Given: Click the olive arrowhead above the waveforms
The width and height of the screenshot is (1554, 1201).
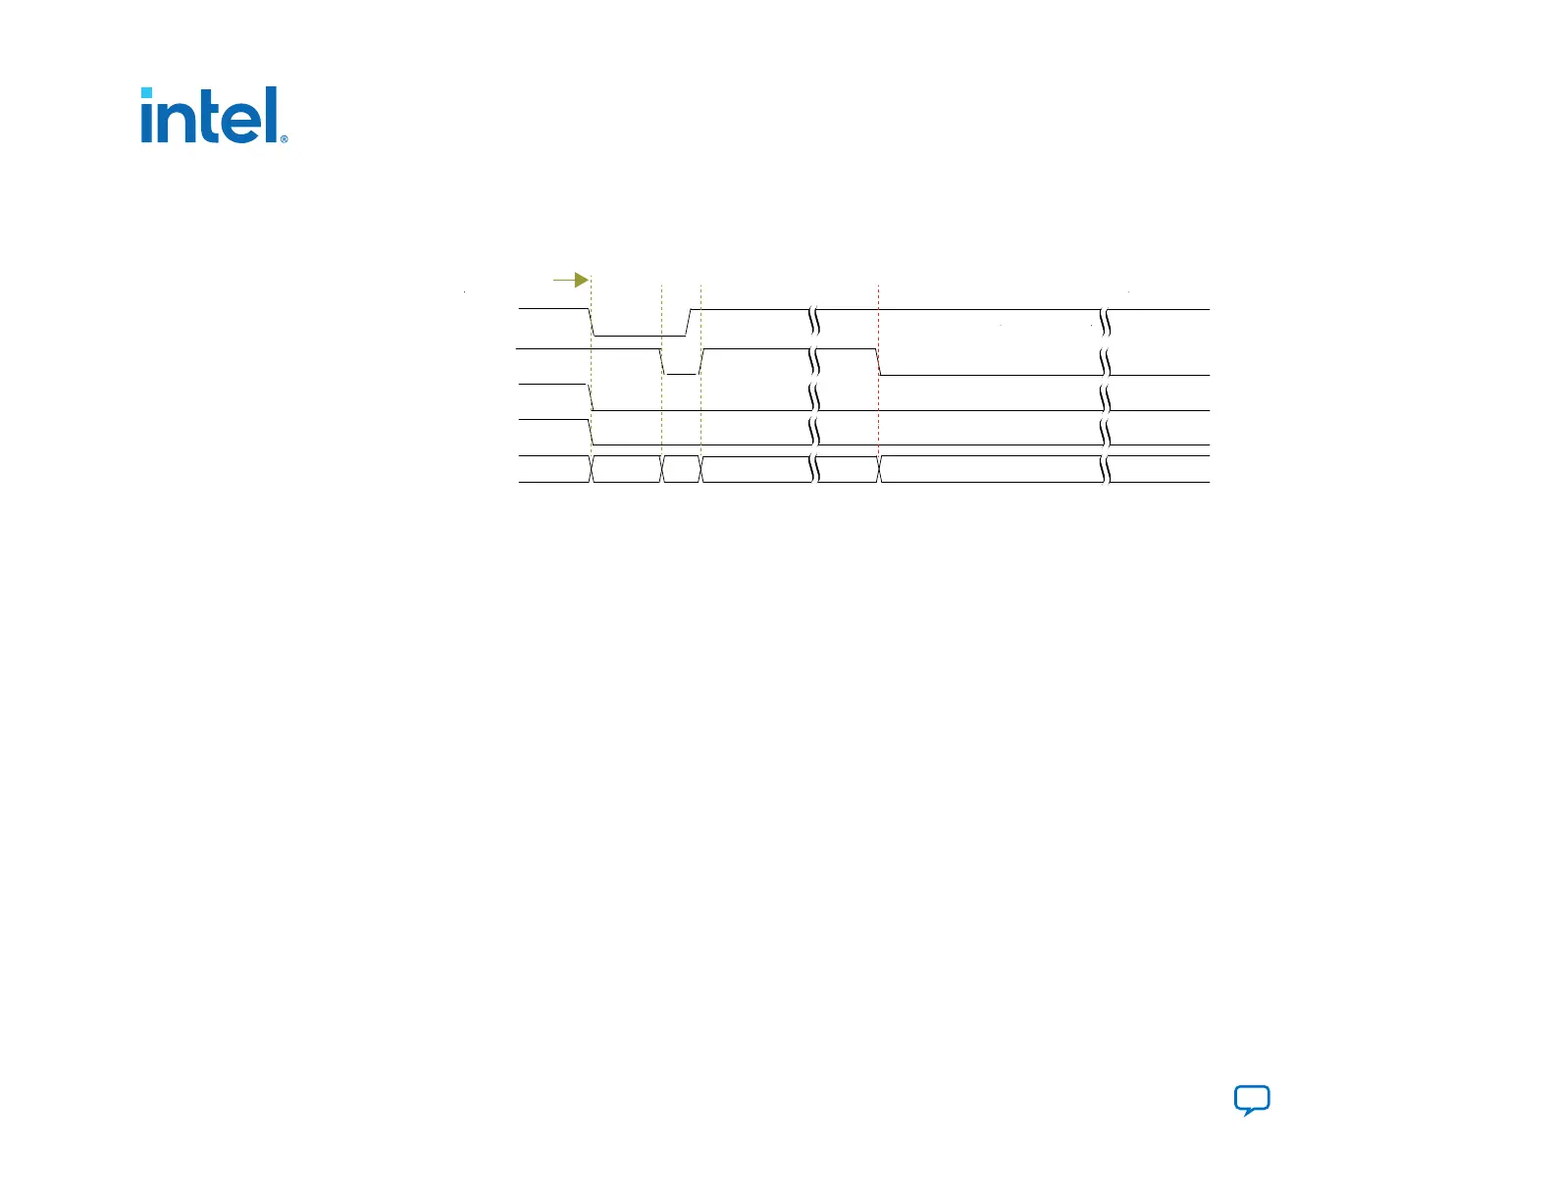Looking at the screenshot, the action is (x=582, y=281).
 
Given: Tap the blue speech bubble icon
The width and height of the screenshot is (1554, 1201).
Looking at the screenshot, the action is (x=1252, y=1100).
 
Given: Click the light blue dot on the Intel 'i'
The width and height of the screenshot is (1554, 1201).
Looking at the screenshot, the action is (x=147, y=94).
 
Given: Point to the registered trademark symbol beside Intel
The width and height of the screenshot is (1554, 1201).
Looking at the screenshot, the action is (x=285, y=139).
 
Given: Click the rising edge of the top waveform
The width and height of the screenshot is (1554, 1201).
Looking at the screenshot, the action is (x=688, y=322).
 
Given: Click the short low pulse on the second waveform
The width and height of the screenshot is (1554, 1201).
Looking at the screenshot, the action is (x=682, y=374).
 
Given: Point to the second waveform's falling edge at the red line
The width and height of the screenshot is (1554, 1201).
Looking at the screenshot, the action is (x=879, y=362).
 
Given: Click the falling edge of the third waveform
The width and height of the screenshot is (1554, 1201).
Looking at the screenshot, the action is (x=591, y=397).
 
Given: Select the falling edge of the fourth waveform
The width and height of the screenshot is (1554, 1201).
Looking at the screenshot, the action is (x=590, y=432).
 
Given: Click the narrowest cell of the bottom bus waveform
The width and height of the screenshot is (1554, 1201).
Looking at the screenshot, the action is (x=682, y=469).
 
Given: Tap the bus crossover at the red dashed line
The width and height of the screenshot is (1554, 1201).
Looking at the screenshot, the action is (x=879, y=469).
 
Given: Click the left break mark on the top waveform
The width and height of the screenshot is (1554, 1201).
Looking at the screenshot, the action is (x=814, y=322).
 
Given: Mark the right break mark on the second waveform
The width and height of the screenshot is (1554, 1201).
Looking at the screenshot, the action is (x=1106, y=362).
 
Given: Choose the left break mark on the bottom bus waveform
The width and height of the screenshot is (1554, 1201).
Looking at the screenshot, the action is (x=814, y=469).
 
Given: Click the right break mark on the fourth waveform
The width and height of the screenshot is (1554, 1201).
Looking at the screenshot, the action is (x=1106, y=432).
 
